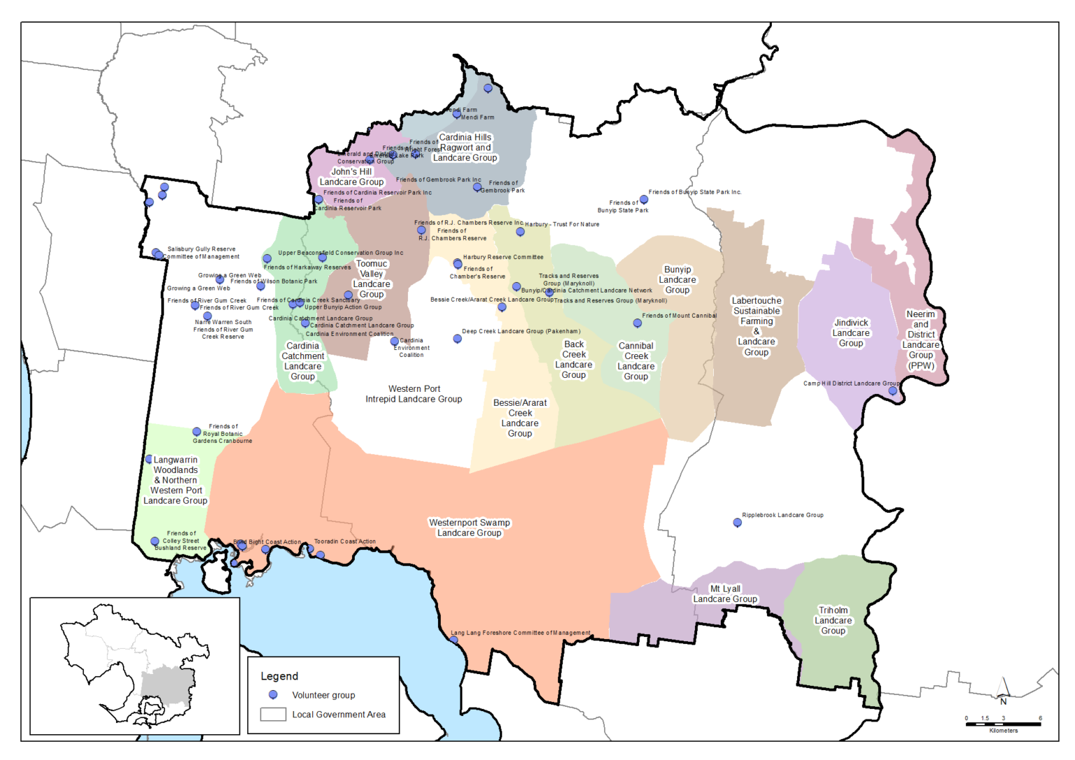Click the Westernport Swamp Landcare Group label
[x=469, y=528]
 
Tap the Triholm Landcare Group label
[x=833, y=621]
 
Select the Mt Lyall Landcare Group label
[x=725, y=594]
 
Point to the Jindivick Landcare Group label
[x=851, y=333]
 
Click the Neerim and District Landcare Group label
[x=921, y=339]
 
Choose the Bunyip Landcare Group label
[x=677, y=280]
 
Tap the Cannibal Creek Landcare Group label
[x=636, y=361]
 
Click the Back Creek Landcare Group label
[x=574, y=360]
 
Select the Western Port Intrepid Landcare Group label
[x=414, y=394]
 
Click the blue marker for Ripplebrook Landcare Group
[x=737, y=523]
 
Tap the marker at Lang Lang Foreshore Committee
[x=454, y=640]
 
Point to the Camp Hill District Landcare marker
[x=892, y=391]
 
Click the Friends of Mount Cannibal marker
[x=637, y=323]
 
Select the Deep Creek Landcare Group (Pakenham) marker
[x=457, y=339]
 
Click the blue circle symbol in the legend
[x=273, y=695]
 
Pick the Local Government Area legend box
[x=273, y=715]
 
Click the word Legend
[x=279, y=676]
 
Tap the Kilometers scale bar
[x=1004, y=724]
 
